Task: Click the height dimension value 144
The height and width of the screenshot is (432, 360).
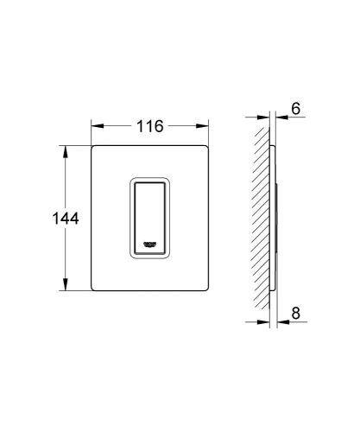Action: [41, 219]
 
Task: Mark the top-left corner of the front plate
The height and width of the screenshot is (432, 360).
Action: [92, 145]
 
